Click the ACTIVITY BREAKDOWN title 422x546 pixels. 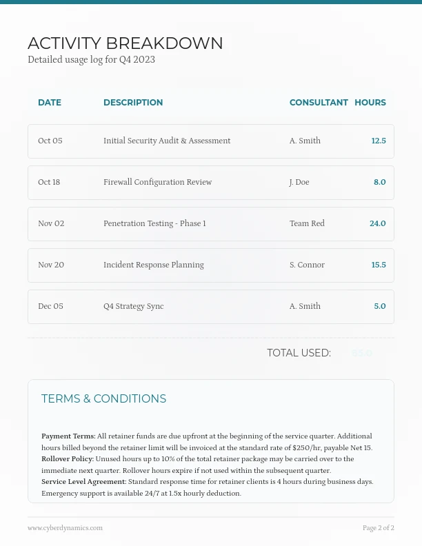point(125,43)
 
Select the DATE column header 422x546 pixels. point(50,103)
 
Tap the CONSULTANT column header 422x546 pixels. point(319,103)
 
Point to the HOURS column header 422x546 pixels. point(370,103)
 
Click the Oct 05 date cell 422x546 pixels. point(50,141)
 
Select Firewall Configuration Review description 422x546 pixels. point(157,182)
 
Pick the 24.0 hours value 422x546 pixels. point(377,223)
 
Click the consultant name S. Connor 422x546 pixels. point(307,265)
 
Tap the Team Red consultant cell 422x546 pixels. point(307,223)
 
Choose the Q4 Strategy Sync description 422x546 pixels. point(133,306)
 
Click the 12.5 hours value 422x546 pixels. point(379,141)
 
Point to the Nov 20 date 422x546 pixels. point(51,265)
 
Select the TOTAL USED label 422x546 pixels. point(299,353)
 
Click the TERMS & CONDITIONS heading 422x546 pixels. point(103,399)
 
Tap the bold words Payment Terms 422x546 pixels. point(68,436)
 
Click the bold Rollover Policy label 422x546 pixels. point(68,458)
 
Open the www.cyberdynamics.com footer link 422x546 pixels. point(65,528)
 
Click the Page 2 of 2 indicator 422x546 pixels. point(379,528)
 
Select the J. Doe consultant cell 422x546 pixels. point(299,182)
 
